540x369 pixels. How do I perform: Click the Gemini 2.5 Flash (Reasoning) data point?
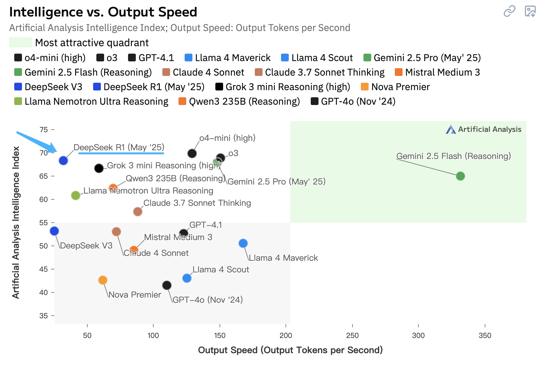point(460,176)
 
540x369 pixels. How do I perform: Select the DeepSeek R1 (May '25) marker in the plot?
point(63,161)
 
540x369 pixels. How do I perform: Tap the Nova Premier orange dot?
point(103,280)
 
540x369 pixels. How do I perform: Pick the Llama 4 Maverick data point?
point(243,243)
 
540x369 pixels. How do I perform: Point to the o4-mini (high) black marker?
point(192,153)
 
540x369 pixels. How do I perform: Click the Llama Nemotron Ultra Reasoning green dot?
point(76,195)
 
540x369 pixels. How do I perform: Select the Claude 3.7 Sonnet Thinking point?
point(138,212)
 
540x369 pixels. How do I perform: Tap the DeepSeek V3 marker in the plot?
point(54,231)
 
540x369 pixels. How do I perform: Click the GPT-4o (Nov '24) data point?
point(167,285)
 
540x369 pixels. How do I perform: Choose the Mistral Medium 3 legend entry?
point(437,72)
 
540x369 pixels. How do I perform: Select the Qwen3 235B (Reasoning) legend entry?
point(239,101)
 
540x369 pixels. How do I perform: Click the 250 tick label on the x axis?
point(352,335)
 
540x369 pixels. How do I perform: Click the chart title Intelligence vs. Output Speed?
point(103,12)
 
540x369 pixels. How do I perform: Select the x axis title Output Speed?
point(290,350)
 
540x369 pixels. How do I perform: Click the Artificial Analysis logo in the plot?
point(484,130)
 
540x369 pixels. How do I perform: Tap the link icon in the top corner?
point(509,11)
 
